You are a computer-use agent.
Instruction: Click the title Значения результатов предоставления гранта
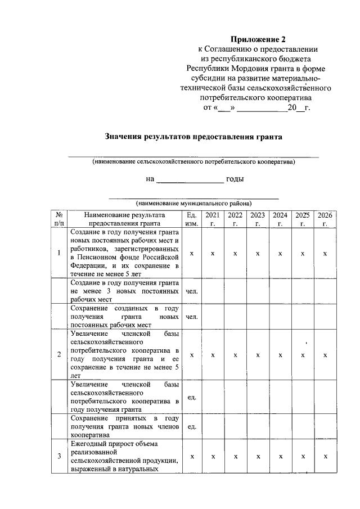pos(193,136)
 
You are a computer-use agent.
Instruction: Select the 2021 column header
pos(213,219)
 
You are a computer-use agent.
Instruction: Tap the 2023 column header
pos(258,219)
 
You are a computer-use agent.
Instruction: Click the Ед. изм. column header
pos(192,219)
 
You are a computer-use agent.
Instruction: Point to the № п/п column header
pos(59,219)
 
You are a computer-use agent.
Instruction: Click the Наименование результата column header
pos(124,219)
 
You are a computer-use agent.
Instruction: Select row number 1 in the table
pos(59,253)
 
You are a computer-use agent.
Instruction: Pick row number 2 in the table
pos(59,354)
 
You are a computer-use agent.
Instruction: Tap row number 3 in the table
pos(59,456)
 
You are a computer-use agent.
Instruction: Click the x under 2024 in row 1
pos(280,253)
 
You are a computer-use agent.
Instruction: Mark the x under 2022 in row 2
pos(235,354)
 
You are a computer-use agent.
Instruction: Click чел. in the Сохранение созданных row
pos(192,317)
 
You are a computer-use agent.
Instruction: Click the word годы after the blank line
pos(235,179)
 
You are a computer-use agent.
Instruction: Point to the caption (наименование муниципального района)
pos(193,203)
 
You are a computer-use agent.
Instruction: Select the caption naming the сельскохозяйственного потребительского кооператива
pos(193,162)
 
